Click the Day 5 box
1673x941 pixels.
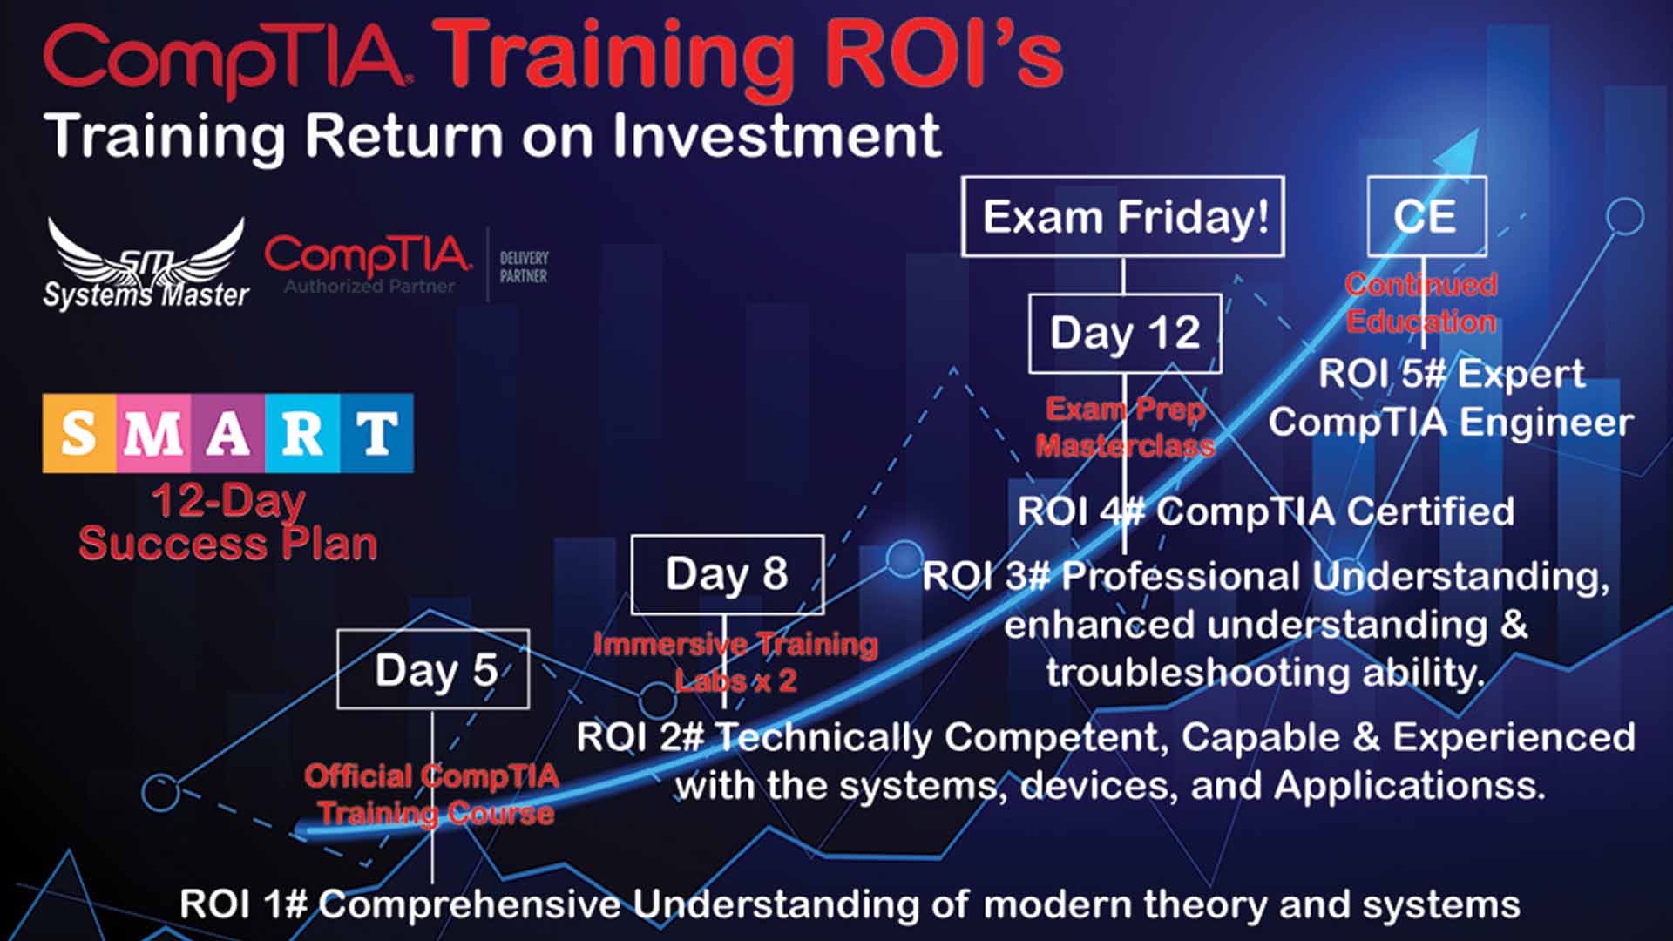pos(433,669)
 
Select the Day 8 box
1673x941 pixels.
pos(727,574)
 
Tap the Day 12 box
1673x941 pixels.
pos(1124,333)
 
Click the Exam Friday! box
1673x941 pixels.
pos(1122,216)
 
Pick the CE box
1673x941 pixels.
pos(1426,216)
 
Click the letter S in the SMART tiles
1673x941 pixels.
pos(78,433)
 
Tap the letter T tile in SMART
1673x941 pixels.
pos(376,433)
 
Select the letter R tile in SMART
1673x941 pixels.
pos(301,433)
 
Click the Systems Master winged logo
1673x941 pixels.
pos(146,263)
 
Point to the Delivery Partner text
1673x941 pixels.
pos(523,267)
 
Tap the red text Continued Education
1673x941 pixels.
pos(1421,302)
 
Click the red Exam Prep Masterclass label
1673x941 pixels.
pos(1124,427)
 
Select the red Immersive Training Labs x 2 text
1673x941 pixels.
pos(735,661)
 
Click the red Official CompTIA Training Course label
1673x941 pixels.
pos(433,794)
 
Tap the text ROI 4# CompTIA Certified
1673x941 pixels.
pos(1265,511)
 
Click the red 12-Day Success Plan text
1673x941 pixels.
pos(227,522)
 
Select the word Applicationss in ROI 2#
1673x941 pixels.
pos(1409,786)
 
